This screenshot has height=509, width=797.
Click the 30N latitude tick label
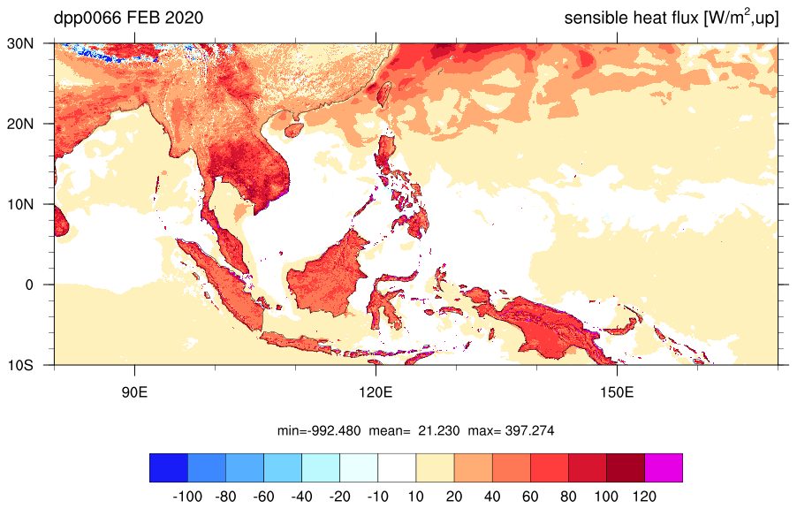pyautogui.click(x=20, y=43)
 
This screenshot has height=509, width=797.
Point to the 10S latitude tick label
pyautogui.click(x=20, y=365)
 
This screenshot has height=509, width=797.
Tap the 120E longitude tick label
pyautogui.click(x=376, y=392)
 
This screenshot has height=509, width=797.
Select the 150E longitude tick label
pyautogui.click(x=617, y=392)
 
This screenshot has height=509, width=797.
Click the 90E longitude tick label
pyautogui.click(x=134, y=392)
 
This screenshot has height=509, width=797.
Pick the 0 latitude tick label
pyautogui.click(x=29, y=285)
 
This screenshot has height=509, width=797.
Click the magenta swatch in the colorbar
pyautogui.click(x=664, y=467)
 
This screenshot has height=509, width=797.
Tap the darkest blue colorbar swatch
pyautogui.click(x=169, y=467)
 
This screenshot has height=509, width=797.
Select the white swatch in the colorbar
pyautogui.click(x=397, y=467)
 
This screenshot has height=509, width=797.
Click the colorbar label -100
pyautogui.click(x=187, y=497)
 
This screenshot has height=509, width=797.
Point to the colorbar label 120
pyautogui.click(x=644, y=497)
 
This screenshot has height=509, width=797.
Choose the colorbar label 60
pyautogui.click(x=530, y=497)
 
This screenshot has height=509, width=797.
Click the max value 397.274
pyautogui.click(x=529, y=431)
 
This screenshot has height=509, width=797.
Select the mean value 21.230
pyautogui.click(x=438, y=431)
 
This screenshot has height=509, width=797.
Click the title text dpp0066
pyautogui.click(x=87, y=19)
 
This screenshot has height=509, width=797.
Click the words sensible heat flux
pyautogui.click(x=631, y=19)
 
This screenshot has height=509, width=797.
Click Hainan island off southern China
pyautogui.click(x=293, y=130)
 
